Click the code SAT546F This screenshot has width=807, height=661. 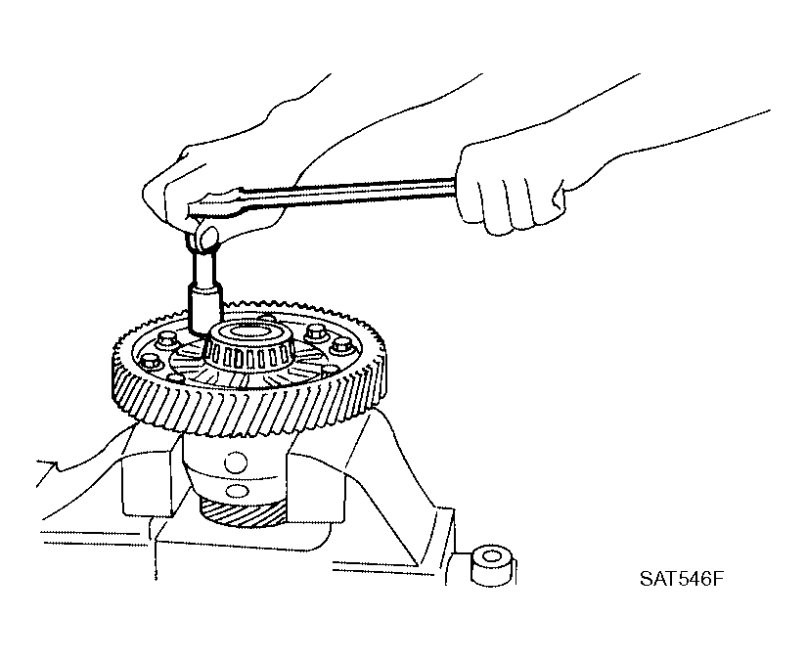682,579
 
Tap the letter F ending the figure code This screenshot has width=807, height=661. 718,579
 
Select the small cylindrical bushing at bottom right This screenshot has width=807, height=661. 493,565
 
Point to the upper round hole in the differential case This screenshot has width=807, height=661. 236,463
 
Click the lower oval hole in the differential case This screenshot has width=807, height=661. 237,491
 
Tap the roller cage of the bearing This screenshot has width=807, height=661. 248,356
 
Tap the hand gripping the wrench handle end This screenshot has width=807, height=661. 510,188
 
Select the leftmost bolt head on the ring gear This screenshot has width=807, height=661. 151,362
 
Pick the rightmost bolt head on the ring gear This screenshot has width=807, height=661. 340,346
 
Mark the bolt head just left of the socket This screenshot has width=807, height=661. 166,339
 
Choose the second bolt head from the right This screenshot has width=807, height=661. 315,332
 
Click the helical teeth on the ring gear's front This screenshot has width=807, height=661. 247,407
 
